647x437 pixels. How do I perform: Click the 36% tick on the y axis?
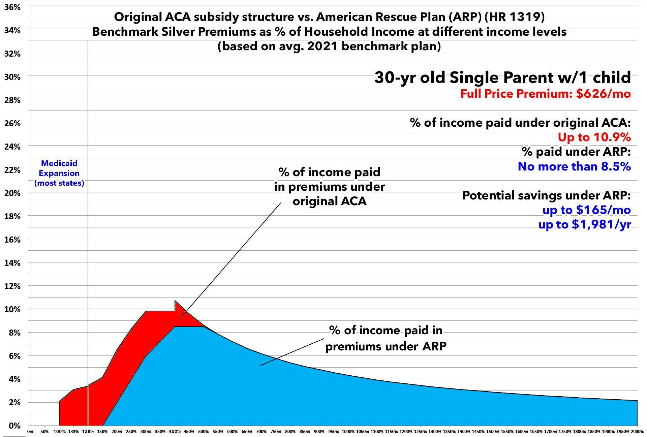click(x=12, y=7)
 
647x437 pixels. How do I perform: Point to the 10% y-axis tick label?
click(x=12, y=309)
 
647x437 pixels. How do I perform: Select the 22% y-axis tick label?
click(x=12, y=170)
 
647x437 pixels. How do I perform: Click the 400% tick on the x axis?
click(x=175, y=432)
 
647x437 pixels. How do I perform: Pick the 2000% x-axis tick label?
click(x=637, y=432)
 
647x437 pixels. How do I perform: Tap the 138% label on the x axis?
click(x=88, y=432)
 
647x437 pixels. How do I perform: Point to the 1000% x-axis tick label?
click(x=348, y=432)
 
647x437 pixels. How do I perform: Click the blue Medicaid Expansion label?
click(x=59, y=173)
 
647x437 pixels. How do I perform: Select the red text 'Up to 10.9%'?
click(x=594, y=137)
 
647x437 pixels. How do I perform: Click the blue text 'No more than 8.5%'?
click(x=574, y=166)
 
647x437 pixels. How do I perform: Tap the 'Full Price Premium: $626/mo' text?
click(x=546, y=93)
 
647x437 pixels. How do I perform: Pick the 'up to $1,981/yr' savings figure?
click(x=585, y=224)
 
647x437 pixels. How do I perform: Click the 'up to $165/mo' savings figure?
click(x=586, y=210)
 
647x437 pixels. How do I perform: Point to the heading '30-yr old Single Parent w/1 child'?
click(x=502, y=77)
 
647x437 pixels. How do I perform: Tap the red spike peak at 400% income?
click(x=175, y=301)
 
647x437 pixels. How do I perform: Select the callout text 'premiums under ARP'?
click(x=386, y=346)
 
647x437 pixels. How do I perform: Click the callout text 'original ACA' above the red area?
click(x=329, y=201)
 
